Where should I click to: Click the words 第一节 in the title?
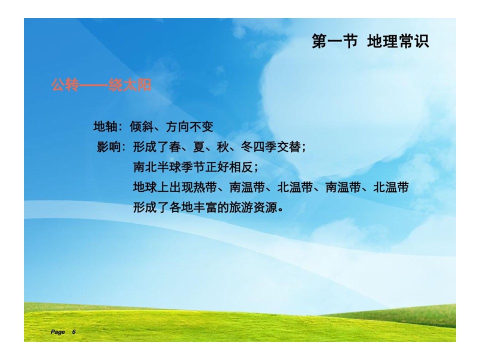click(x=334, y=41)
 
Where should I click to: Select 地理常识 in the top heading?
click(x=398, y=41)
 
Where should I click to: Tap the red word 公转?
click(x=65, y=85)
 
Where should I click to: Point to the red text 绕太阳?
click(x=130, y=85)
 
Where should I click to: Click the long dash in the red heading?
click(x=93, y=85)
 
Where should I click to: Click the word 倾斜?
click(x=141, y=126)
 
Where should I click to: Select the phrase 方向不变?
click(x=189, y=126)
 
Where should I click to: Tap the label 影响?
click(x=108, y=147)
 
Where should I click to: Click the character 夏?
click(x=198, y=147)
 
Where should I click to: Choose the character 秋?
click(x=223, y=147)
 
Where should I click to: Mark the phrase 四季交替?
click(x=276, y=147)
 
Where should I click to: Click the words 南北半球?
click(x=157, y=167)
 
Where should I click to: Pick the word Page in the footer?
click(x=57, y=332)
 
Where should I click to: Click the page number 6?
click(x=74, y=332)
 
